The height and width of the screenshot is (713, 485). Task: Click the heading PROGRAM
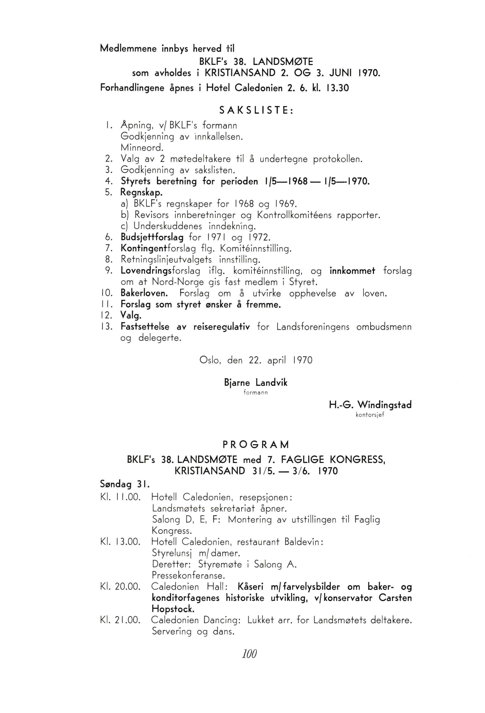pyautogui.click(x=256, y=444)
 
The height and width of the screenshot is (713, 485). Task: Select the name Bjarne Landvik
pyautogui.click(x=256, y=383)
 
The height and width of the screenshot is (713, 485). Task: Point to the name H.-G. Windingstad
pyautogui.click(x=370, y=405)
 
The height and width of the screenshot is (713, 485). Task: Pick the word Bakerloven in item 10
pyautogui.click(x=144, y=293)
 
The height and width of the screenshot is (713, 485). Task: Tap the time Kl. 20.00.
pyautogui.click(x=120, y=587)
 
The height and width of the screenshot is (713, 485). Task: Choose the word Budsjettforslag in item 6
pyautogui.click(x=152, y=237)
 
